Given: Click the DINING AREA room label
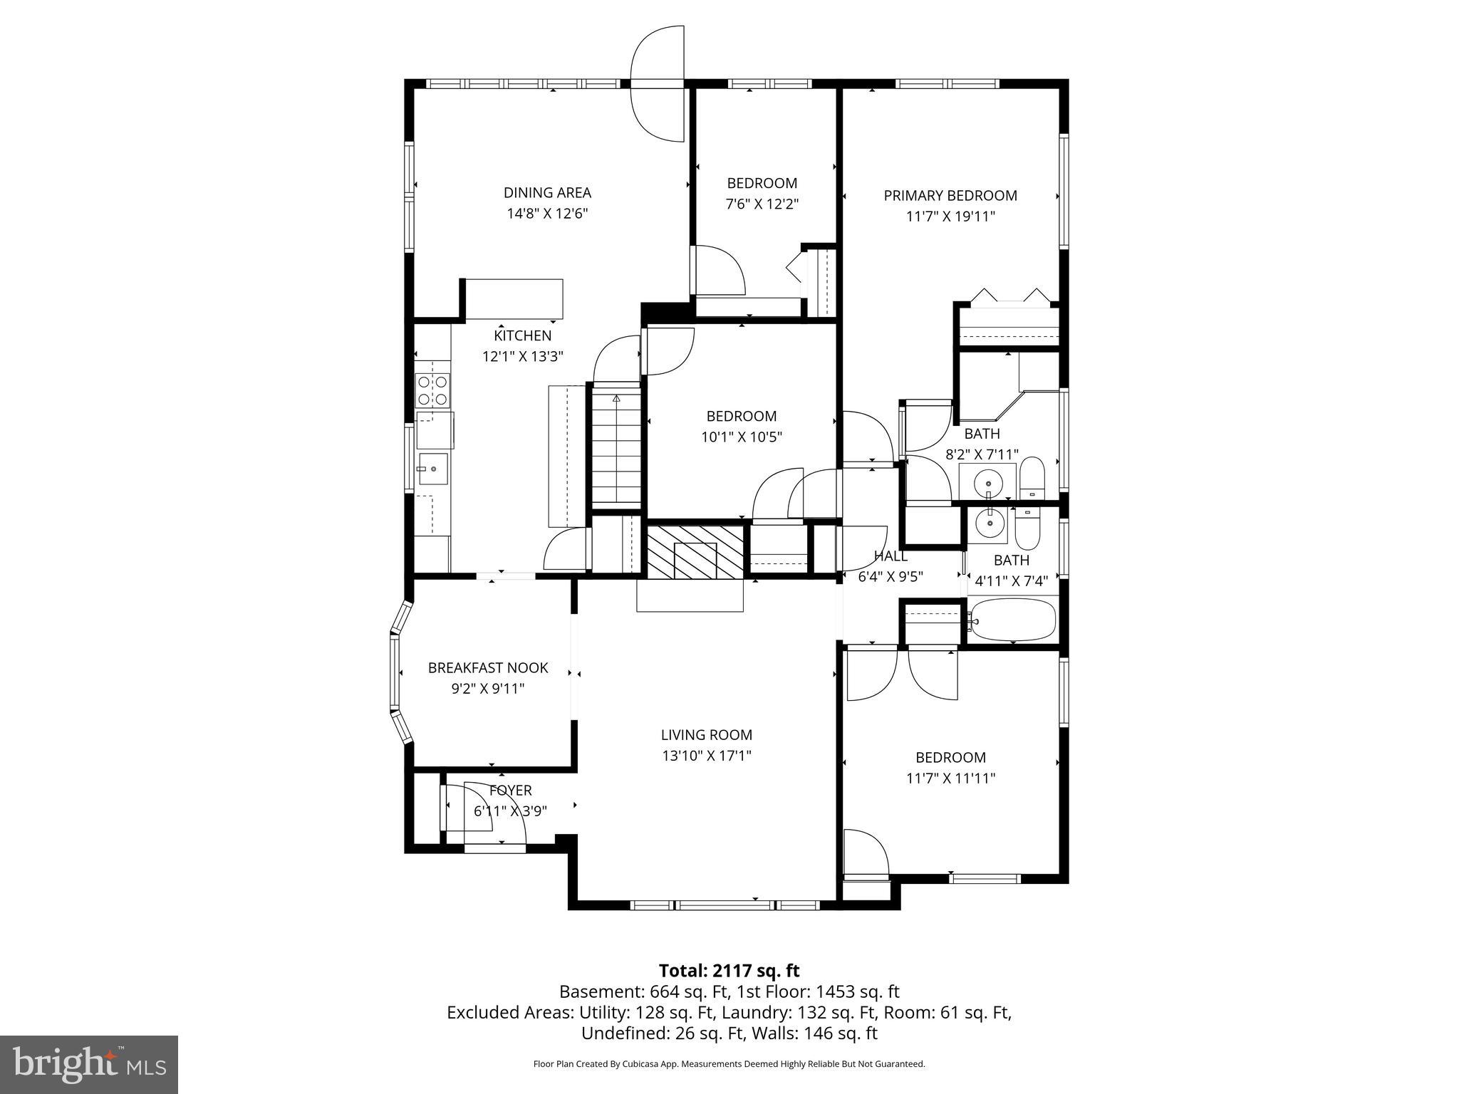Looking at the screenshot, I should (x=547, y=192).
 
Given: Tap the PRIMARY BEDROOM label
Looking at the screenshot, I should (x=950, y=195).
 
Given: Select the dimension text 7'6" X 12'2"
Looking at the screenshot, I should (x=762, y=204).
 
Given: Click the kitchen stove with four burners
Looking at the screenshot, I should (x=432, y=390).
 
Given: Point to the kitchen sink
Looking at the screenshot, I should (x=432, y=469).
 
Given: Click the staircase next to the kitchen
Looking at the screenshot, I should (x=616, y=449).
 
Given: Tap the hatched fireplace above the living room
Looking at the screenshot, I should (x=695, y=552).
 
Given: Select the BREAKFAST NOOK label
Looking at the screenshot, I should (x=487, y=667).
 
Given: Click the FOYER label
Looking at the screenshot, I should (x=510, y=790).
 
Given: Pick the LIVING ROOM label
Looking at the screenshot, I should (x=706, y=734).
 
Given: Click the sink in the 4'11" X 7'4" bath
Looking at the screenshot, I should (x=989, y=523).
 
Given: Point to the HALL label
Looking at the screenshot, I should (x=891, y=556).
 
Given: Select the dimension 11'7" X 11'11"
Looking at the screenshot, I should (x=950, y=778).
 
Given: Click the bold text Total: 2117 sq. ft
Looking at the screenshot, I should (x=729, y=970).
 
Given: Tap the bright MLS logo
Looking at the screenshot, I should (x=89, y=1064).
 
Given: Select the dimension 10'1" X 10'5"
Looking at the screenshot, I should (x=741, y=437).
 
